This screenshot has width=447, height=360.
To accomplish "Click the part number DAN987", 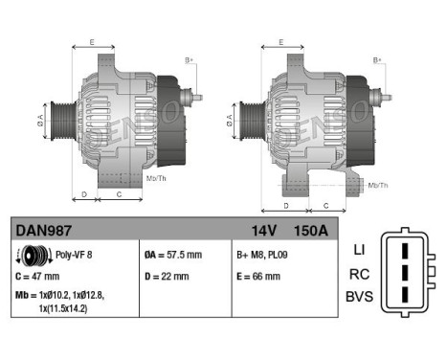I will click(44, 231).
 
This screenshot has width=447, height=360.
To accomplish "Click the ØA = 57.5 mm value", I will click(173, 256).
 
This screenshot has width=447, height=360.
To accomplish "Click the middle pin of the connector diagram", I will click(406, 273).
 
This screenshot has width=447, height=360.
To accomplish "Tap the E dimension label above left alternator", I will click(91, 42).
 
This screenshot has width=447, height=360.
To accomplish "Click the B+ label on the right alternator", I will click(376, 60).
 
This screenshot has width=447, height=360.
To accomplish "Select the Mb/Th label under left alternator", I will click(156, 178).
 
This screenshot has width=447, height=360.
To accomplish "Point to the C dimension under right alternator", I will click(326, 206).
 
